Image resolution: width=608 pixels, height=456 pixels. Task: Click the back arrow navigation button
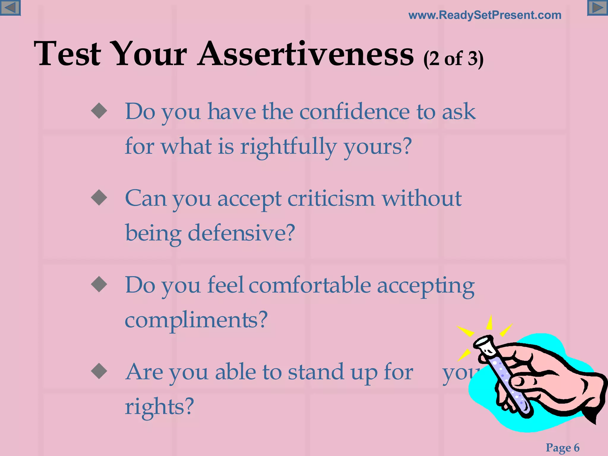[10, 8]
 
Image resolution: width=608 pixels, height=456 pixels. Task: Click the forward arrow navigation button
[597, 8]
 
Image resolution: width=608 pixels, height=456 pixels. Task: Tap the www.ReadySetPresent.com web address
[485, 15]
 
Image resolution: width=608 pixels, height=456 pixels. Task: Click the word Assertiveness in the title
[306, 54]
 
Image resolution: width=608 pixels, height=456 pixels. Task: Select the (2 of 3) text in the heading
[453, 59]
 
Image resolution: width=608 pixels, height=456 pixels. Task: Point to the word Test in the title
[67, 54]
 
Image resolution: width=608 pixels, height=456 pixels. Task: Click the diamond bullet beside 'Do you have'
[99, 111]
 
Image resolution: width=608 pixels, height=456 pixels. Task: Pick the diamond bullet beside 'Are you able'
[99, 371]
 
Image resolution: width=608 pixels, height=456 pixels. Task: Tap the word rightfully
[288, 147]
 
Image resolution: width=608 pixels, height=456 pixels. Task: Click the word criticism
[331, 199]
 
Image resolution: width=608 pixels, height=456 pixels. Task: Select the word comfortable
[310, 285]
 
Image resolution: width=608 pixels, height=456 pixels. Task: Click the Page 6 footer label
[562, 447]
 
